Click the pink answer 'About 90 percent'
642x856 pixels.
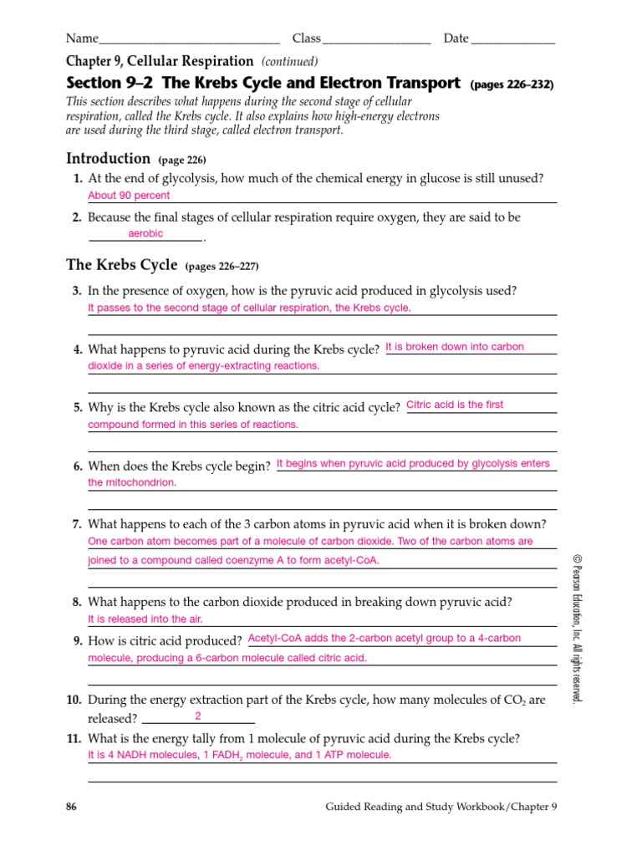click(x=129, y=196)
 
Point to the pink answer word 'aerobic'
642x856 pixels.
click(x=145, y=234)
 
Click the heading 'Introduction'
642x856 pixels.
click(x=109, y=159)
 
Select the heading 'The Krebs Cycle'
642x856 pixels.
click(x=122, y=266)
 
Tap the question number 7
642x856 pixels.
click(x=76, y=525)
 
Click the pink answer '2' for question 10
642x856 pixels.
click(x=198, y=716)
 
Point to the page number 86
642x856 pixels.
click(x=71, y=808)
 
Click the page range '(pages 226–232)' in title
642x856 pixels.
click(x=512, y=84)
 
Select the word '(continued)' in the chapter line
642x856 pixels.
click(x=289, y=62)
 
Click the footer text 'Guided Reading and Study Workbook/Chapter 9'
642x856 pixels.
click(x=441, y=808)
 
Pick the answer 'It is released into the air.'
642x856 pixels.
click(x=145, y=619)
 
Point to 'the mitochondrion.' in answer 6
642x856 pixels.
click(x=132, y=483)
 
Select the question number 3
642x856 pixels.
click(x=76, y=291)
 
